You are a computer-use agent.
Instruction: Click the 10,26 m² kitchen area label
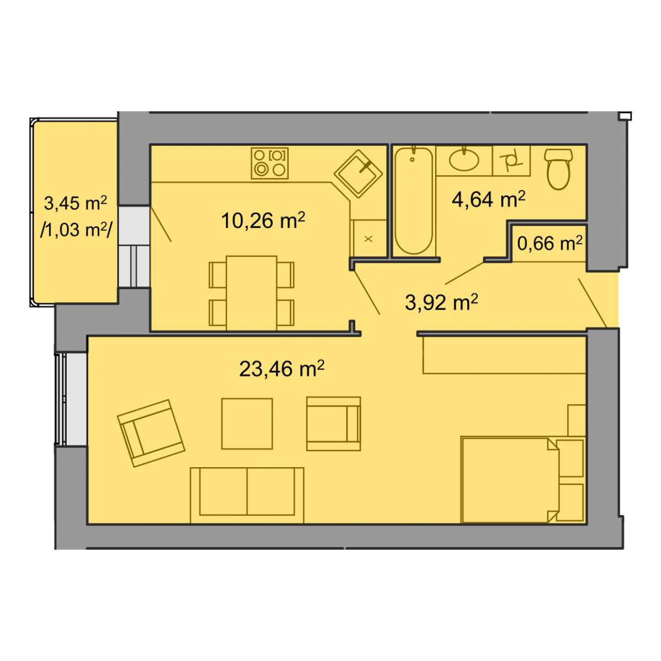263,220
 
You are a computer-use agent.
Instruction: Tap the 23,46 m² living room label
281,369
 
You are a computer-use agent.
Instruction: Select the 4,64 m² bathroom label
489,199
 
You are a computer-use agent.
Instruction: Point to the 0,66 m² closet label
550,243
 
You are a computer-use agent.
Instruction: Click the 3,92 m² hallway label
441,302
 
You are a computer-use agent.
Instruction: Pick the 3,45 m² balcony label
75,203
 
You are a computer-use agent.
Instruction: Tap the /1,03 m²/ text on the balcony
76,230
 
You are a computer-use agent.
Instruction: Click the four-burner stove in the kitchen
269,163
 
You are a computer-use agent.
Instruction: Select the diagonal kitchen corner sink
358,174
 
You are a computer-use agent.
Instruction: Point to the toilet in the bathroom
559,169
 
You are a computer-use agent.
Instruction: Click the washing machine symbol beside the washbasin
511,160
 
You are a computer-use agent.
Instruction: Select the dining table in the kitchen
251,292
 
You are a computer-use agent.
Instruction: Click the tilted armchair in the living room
151,434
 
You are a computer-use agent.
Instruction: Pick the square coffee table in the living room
247,424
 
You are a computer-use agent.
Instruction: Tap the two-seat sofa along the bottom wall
247,495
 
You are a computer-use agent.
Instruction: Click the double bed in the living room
510,480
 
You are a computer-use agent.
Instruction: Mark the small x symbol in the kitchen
369,239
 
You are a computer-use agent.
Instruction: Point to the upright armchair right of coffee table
333,424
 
